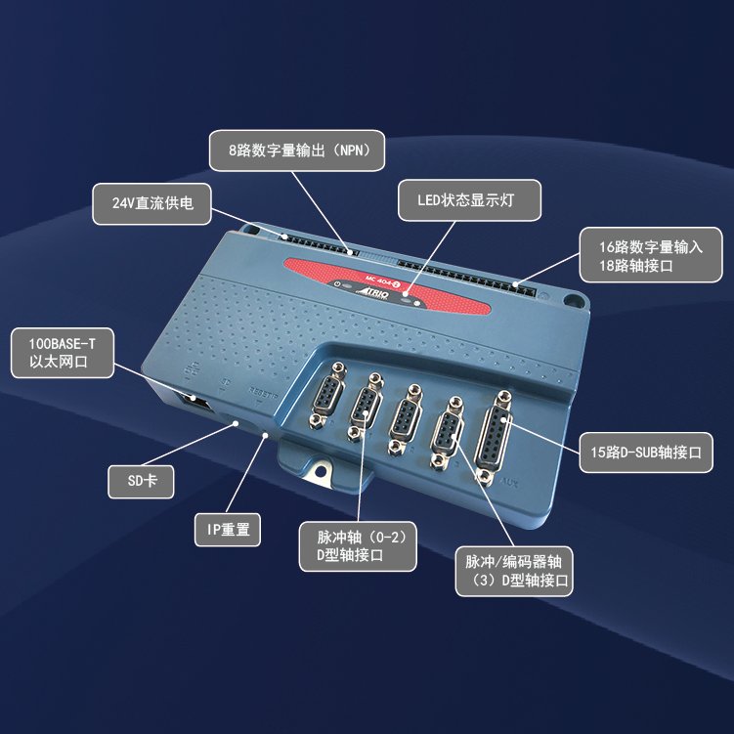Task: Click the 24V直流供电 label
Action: click(x=152, y=203)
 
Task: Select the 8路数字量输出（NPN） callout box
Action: click(x=297, y=151)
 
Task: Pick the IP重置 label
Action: click(x=228, y=530)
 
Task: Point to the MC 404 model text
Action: click(x=368, y=275)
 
